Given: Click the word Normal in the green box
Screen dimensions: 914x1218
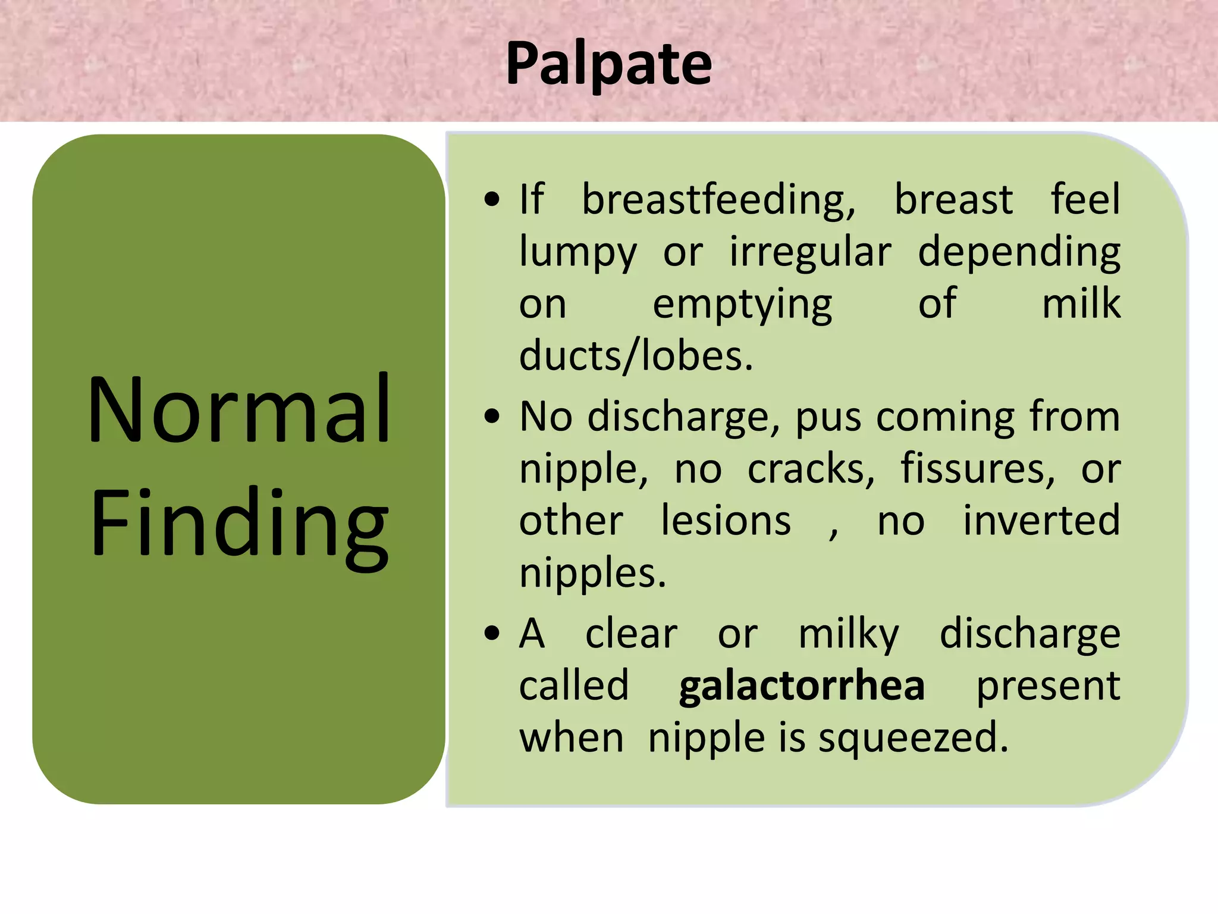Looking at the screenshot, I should (239, 410).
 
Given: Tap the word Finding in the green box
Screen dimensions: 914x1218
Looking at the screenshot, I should (239, 524).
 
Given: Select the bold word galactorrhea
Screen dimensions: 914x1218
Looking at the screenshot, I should (802, 686).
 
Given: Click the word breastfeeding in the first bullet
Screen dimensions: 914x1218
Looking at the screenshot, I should (718, 200).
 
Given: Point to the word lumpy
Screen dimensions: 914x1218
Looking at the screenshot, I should (577, 252).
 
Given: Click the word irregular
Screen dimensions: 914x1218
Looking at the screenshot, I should (810, 252).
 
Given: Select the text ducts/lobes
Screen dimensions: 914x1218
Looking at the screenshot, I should (636, 356).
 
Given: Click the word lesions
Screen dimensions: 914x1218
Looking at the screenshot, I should (726, 521).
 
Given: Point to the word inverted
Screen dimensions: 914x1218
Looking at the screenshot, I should (1041, 521).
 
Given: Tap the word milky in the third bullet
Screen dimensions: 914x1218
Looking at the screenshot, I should (848, 634).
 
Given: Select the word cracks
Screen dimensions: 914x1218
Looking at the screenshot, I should (811, 469).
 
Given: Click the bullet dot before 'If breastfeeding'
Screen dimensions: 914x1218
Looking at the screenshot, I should (492, 200).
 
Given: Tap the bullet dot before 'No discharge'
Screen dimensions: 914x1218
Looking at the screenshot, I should (492, 417).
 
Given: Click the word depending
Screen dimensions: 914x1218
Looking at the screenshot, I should (1019, 252).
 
